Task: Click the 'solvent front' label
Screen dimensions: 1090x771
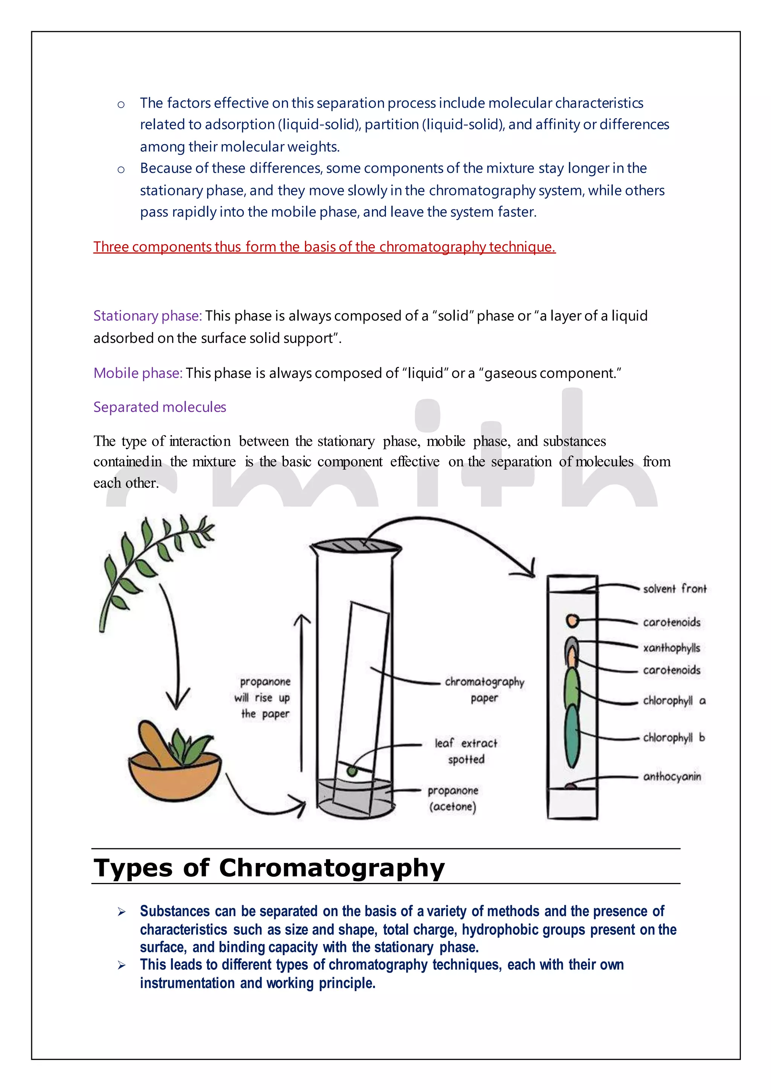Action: point(674,589)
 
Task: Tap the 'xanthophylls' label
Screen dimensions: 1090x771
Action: point(671,648)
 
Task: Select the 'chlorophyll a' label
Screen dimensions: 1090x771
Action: point(673,701)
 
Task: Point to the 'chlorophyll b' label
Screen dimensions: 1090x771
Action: point(673,738)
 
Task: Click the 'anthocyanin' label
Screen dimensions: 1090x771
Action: point(672,777)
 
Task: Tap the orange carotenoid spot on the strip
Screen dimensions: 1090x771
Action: point(573,621)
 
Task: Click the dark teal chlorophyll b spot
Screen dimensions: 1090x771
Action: point(573,735)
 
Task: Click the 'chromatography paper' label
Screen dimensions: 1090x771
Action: point(484,689)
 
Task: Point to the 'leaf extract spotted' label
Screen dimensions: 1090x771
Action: point(466,751)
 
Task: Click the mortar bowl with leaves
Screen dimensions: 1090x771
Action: point(175,768)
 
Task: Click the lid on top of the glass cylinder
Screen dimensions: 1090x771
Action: point(356,547)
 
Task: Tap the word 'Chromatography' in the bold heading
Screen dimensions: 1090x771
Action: point(331,868)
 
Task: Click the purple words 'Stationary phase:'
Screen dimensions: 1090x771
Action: point(148,316)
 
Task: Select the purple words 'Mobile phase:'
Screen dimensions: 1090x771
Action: point(138,373)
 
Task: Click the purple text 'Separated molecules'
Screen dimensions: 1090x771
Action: point(160,407)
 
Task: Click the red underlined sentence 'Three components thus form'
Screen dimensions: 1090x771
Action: point(324,247)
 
